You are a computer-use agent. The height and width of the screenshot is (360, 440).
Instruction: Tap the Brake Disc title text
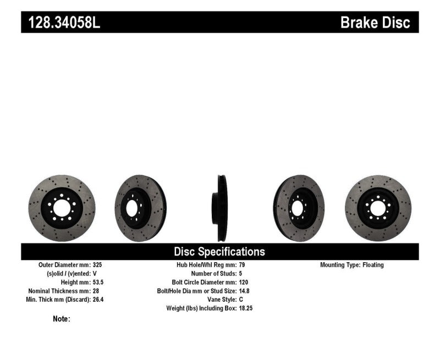coord(375,23)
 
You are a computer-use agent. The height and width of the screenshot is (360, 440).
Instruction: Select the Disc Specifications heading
coord(219,252)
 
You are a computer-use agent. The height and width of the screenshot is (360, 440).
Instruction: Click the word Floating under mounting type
coord(372,265)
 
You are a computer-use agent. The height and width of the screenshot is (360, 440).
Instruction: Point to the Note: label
coord(62,319)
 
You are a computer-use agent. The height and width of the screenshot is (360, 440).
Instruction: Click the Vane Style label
coord(219,300)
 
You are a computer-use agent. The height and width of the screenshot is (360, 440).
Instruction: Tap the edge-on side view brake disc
coord(220,208)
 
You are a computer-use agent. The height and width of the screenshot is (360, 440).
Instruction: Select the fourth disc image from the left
coord(299,208)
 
